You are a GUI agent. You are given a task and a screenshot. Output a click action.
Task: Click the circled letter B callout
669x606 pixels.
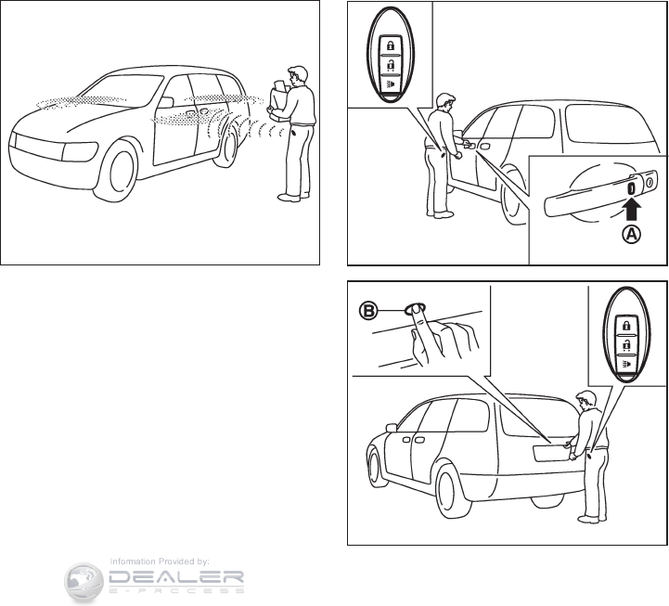pyautogui.click(x=367, y=311)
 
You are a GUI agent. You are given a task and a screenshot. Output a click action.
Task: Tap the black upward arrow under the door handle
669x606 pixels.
pyautogui.click(x=632, y=208)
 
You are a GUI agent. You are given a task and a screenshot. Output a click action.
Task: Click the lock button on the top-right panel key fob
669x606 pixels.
pyautogui.click(x=390, y=45)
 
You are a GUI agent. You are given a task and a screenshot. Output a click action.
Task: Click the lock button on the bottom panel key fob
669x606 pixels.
pyautogui.click(x=626, y=325)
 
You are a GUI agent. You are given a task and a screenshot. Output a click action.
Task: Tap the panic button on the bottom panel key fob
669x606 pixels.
pyautogui.click(x=626, y=364)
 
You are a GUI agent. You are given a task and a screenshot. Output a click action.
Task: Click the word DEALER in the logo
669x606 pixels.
pyautogui.click(x=176, y=578)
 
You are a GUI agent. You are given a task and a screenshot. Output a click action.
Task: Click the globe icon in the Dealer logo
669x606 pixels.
pyautogui.click(x=84, y=581)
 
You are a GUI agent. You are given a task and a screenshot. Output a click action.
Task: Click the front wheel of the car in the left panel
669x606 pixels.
pyautogui.click(x=117, y=172)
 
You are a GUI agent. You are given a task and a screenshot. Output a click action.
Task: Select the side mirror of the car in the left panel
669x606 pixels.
pyautogui.click(x=166, y=102)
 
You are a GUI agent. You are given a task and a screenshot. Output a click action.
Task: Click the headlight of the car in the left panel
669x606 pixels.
pyautogui.click(x=80, y=152)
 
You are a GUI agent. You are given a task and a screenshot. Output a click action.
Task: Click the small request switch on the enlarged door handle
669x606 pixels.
pyautogui.click(x=631, y=187)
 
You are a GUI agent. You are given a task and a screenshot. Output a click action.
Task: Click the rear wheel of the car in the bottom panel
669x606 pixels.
pyautogui.click(x=451, y=491)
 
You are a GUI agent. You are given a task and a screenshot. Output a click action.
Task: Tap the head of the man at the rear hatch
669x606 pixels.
pyautogui.click(x=585, y=401)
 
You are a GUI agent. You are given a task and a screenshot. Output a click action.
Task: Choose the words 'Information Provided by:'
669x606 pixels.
pyautogui.click(x=160, y=561)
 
